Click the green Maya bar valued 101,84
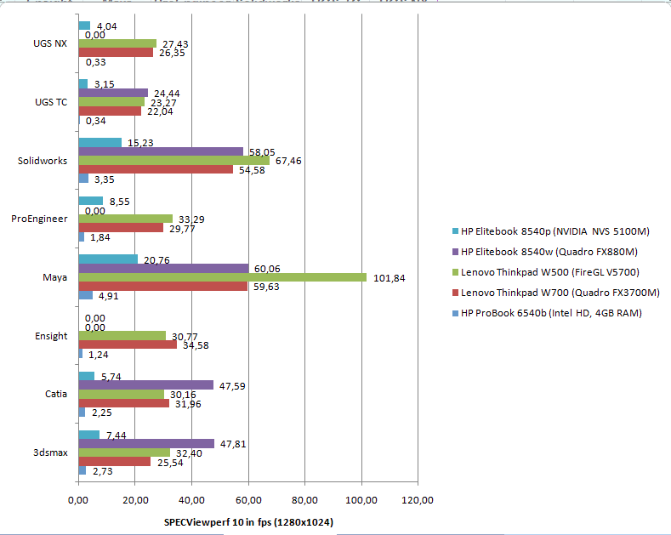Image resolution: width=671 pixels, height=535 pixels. [222, 277]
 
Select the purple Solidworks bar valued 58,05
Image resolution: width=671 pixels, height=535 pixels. [161, 151]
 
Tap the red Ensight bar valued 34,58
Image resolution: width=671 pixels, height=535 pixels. [128, 344]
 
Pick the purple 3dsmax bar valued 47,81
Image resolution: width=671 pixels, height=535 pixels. [146, 443]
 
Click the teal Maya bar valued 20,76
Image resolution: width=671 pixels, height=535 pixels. [108, 259]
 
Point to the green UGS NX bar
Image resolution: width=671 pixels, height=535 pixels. [117, 43]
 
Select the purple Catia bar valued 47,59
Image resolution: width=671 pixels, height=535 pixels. [146, 384]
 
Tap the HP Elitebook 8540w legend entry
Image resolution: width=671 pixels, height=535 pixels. [549, 251]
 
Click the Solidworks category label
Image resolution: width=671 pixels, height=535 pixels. [43, 161]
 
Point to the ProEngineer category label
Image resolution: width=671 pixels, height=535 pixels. [39, 219]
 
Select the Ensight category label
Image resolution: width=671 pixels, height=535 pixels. [51, 336]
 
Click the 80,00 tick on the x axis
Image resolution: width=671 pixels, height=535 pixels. [304, 499]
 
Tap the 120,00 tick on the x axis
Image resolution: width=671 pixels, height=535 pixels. [418, 499]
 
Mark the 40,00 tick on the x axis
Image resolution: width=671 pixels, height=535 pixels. [191, 499]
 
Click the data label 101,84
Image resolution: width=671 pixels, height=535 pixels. [390, 277]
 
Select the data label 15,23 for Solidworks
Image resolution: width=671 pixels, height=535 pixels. [140, 142]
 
